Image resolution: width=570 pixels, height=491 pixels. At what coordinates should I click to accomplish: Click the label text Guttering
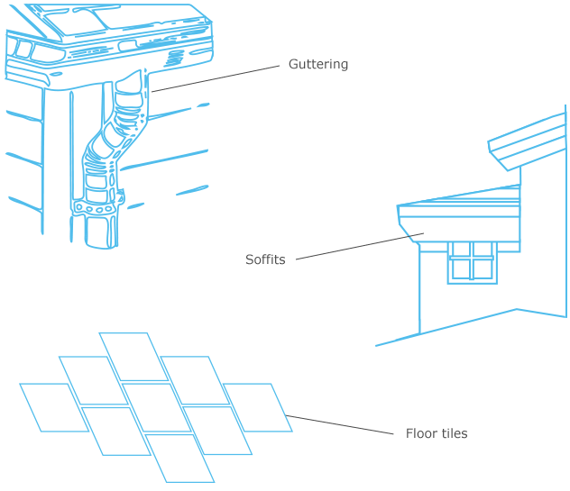coord(317,65)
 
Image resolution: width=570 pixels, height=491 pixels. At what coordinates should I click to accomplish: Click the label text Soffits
coord(265,259)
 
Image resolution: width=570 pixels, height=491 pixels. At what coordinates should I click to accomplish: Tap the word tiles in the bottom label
coord(454,433)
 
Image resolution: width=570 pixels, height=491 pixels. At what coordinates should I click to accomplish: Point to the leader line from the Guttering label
coord(216,77)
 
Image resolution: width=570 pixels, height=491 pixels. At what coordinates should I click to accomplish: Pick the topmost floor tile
coord(133,357)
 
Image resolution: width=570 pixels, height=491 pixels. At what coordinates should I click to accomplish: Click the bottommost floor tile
coord(179,459)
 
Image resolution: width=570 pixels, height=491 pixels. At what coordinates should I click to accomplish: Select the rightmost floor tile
coord(257,407)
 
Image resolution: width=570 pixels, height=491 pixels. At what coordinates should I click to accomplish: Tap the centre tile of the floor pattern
coord(155,407)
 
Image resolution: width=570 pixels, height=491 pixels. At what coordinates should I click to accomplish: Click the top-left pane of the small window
coord(461,250)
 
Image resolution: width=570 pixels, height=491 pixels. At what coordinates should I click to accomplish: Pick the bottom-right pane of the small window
coord(483,268)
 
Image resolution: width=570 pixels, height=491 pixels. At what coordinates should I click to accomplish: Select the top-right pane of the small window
coord(483,250)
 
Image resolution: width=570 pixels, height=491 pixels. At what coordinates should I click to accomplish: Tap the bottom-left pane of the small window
coord(461,268)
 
